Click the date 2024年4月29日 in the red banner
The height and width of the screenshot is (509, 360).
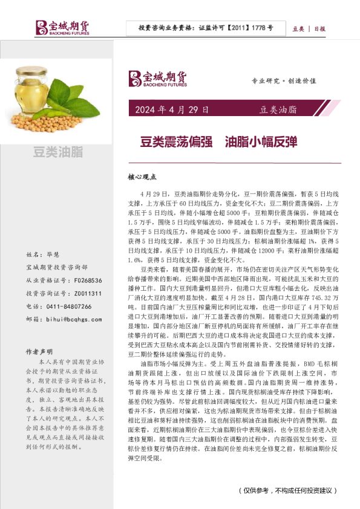(172, 110)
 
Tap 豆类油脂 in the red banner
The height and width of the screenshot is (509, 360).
(278, 110)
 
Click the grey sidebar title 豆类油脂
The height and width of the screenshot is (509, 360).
(58, 152)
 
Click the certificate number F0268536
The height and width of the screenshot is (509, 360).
(88, 280)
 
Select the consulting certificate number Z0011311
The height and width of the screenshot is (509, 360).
(88, 293)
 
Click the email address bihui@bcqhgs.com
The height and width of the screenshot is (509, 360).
(71, 320)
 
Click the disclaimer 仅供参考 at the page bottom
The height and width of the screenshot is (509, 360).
(254, 490)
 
